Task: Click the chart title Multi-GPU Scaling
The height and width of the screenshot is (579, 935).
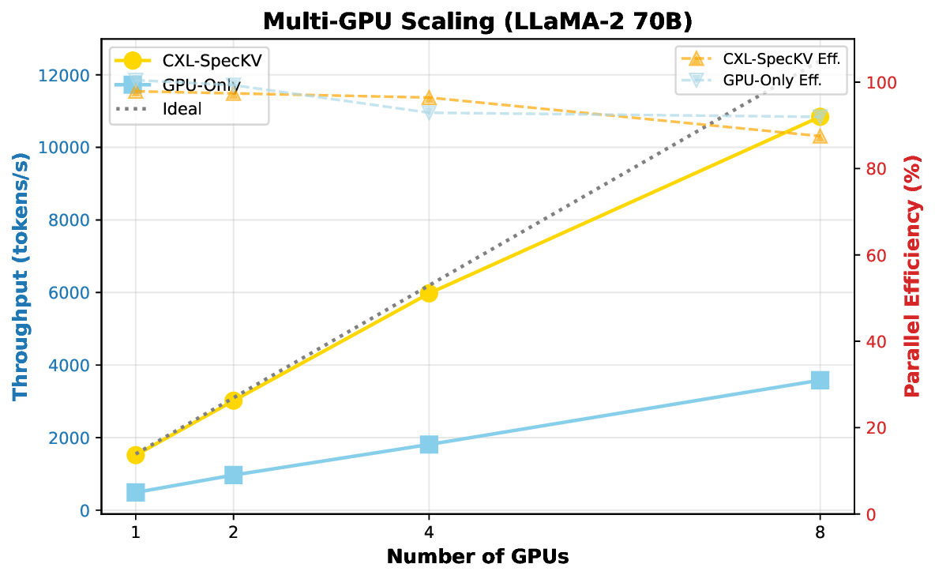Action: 477,21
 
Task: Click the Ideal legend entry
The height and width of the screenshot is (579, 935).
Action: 181,109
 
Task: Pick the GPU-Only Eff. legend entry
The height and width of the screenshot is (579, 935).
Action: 772,80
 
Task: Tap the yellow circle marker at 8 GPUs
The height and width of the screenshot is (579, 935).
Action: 820,117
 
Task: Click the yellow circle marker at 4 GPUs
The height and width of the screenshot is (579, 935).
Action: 429,293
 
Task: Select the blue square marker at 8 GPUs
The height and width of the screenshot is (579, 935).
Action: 820,381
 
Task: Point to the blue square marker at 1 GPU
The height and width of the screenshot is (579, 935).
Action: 136,492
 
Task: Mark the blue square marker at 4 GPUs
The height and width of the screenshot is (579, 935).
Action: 429,445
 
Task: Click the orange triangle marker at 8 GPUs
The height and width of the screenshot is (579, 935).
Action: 820,136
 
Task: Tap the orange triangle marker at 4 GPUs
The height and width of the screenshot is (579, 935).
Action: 429,98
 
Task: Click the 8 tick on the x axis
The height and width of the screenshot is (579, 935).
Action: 820,532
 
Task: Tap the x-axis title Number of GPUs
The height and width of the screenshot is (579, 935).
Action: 477,556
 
